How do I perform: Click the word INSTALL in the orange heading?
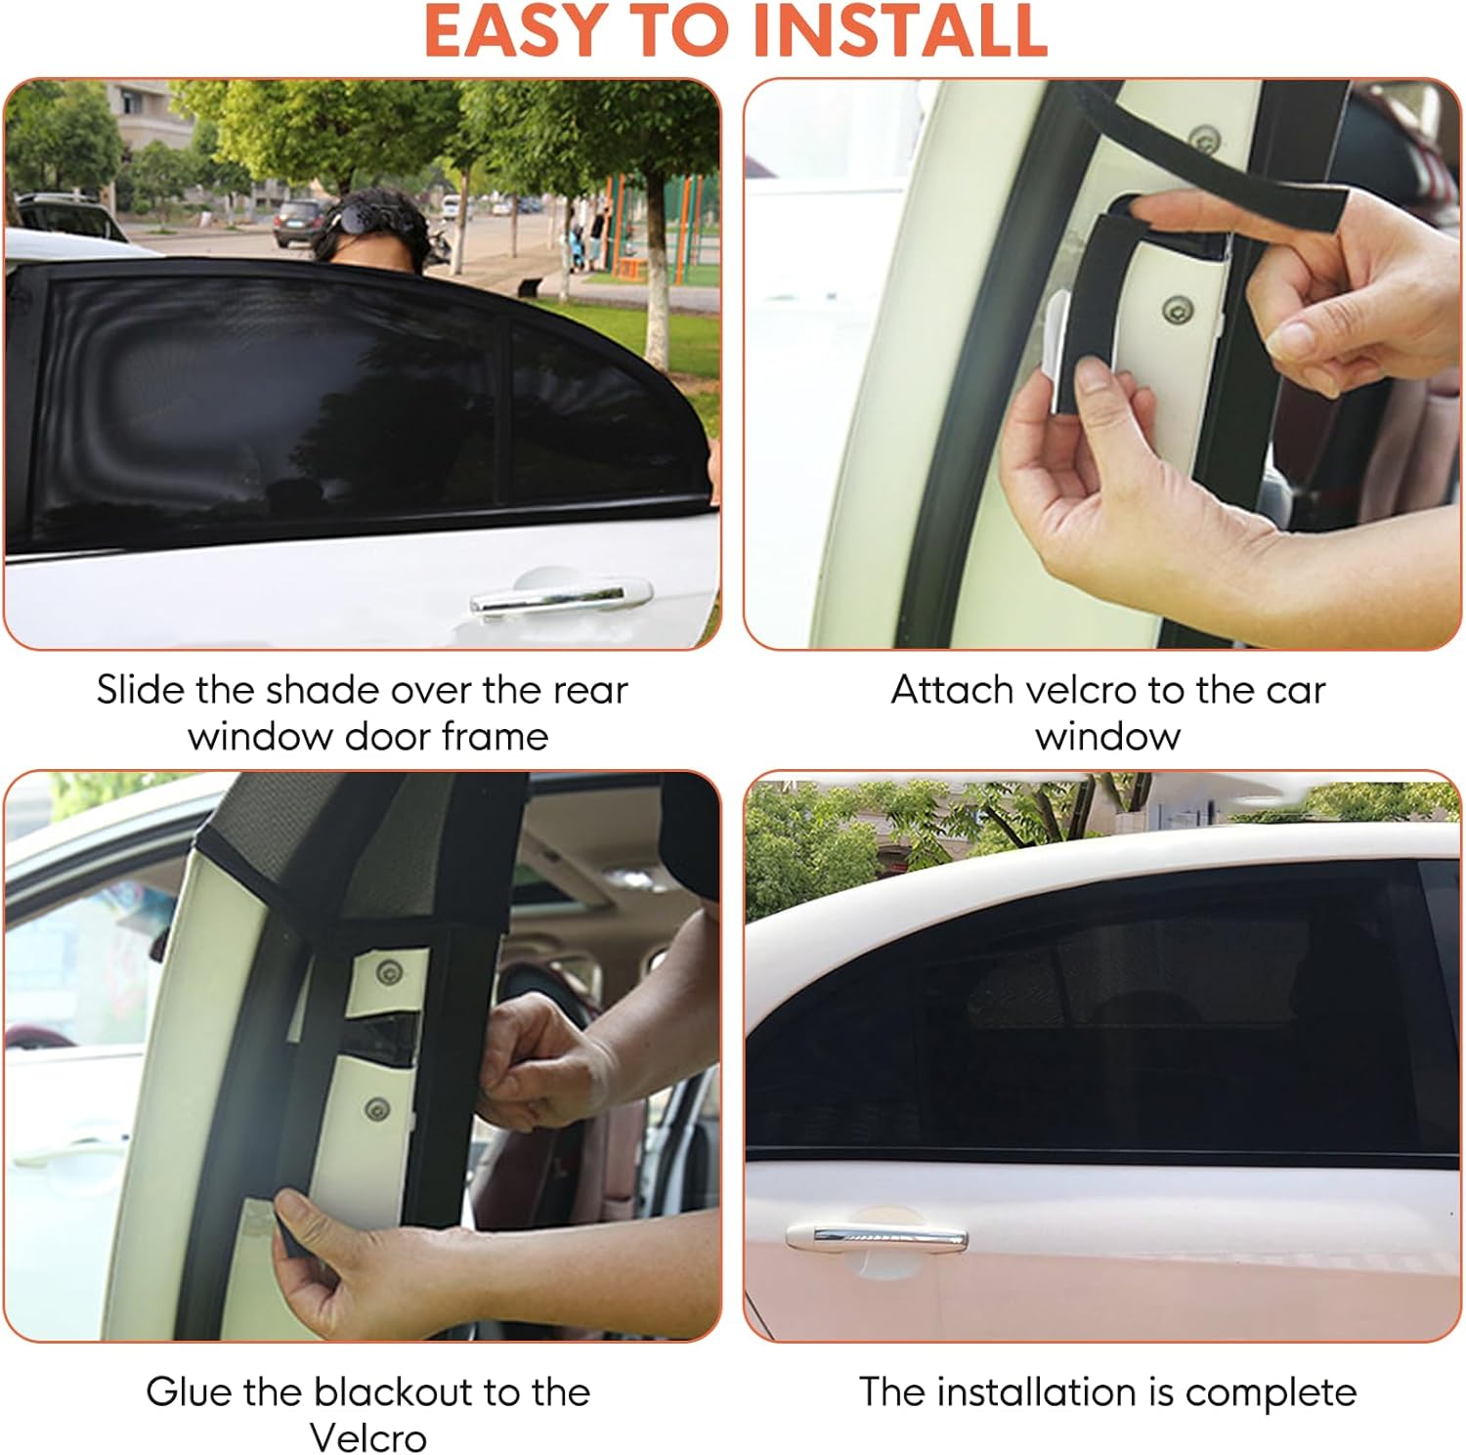pos(901,31)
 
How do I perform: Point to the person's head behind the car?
pos(376,225)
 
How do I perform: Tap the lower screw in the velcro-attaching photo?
pos(1177,310)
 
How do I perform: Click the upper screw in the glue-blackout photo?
pos(390,972)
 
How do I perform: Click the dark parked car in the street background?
pos(300,222)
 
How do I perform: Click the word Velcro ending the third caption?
pos(368,1437)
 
